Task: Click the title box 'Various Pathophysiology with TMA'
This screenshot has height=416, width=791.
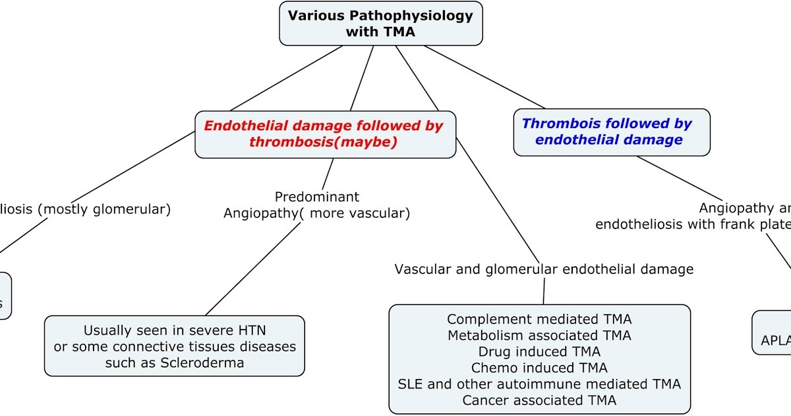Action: pos(380,23)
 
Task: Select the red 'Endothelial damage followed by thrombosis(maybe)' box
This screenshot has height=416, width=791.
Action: pos(324,134)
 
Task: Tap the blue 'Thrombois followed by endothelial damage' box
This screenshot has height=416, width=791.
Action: pos(611,132)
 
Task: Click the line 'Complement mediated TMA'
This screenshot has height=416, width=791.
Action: pos(539,320)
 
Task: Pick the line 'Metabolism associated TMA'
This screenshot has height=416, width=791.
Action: pos(539,335)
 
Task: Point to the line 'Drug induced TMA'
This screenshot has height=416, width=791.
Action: pos(539,352)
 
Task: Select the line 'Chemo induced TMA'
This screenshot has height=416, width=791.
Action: pos(539,368)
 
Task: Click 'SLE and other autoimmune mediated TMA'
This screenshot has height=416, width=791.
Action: pos(539,384)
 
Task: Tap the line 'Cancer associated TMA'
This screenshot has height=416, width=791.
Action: pos(539,400)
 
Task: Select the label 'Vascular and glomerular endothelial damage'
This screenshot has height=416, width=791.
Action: pos(544,269)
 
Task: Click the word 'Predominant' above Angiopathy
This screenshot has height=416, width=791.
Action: pos(317,196)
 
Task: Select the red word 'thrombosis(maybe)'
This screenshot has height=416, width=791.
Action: pos(323,142)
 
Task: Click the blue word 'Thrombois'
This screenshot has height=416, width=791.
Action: pos(554,123)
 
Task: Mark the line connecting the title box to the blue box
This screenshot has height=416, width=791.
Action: pos(484,77)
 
